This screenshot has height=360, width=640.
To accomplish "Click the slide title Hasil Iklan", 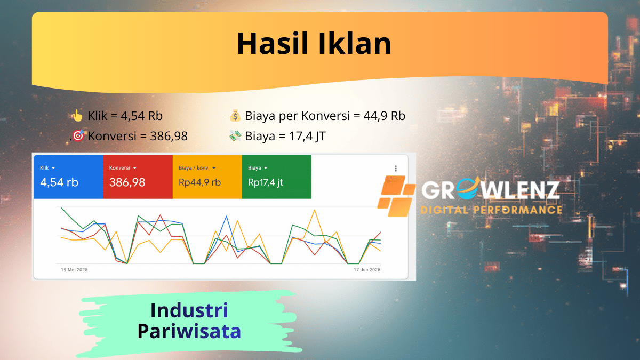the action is click(x=314, y=43).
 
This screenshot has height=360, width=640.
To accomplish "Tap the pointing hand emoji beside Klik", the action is click(x=77, y=116).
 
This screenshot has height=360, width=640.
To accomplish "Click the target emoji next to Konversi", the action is click(x=78, y=135).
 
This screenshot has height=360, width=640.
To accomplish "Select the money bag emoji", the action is click(x=235, y=116).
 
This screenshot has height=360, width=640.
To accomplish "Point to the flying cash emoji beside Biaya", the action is click(x=235, y=136).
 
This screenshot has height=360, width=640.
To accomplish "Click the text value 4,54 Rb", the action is click(x=141, y=116).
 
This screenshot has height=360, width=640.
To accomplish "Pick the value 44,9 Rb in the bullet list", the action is click(x=385, y=116).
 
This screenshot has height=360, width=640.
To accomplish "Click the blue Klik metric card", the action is click(x=69, y=177).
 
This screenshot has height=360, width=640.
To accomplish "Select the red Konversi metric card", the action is click(x=138, y=177).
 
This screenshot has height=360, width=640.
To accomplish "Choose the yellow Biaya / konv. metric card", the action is click(x=207, y=177).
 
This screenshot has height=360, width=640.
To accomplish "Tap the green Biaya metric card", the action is click(x=277, y=177).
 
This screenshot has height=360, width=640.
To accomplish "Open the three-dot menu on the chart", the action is click(x=396, y=169).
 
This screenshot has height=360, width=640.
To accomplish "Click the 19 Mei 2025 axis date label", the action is click(x=74, y=270).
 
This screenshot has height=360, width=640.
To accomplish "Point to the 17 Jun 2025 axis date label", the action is click(x=367, y=270).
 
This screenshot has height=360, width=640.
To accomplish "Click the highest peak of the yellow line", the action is click(x=315, y=210).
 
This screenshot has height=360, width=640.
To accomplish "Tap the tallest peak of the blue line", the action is click(x=227, y=217).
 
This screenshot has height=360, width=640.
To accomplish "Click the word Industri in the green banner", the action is click(x=189, y=310).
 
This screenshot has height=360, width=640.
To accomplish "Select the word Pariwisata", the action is click(x=189, y=331).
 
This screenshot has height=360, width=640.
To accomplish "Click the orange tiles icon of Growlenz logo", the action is click(x=396, y=196).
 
